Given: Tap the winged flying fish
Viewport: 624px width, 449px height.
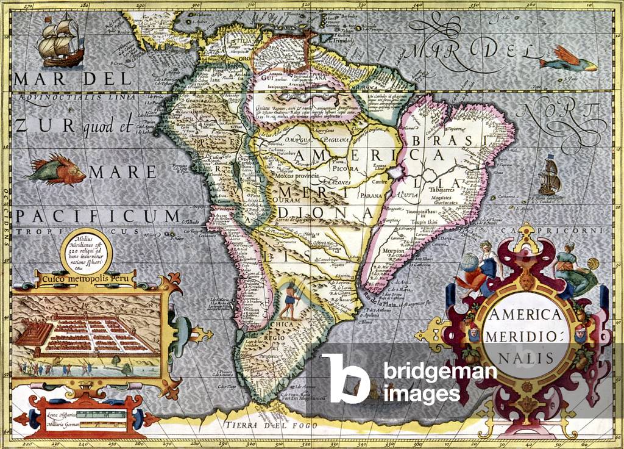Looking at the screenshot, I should tap(569, 62).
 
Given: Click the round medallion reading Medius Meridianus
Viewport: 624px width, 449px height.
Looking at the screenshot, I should tap(87, 250).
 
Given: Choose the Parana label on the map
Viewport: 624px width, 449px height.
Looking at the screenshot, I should tap(370, 196).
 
